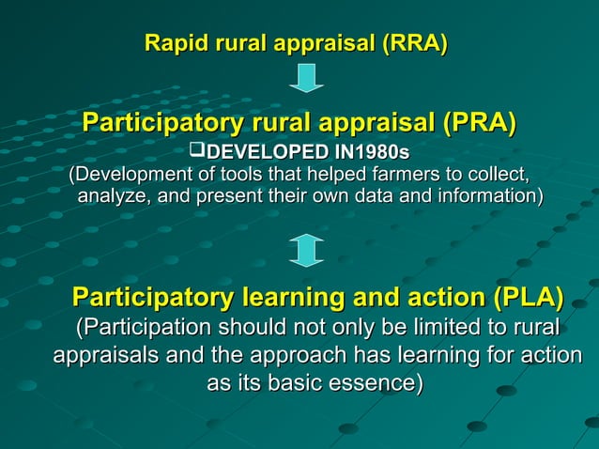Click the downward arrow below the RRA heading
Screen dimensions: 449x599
(306, 77)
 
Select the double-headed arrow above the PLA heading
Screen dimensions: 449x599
(306, 250)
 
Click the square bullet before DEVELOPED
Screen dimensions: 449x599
(196, 150)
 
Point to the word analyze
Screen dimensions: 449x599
(113, 196)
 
